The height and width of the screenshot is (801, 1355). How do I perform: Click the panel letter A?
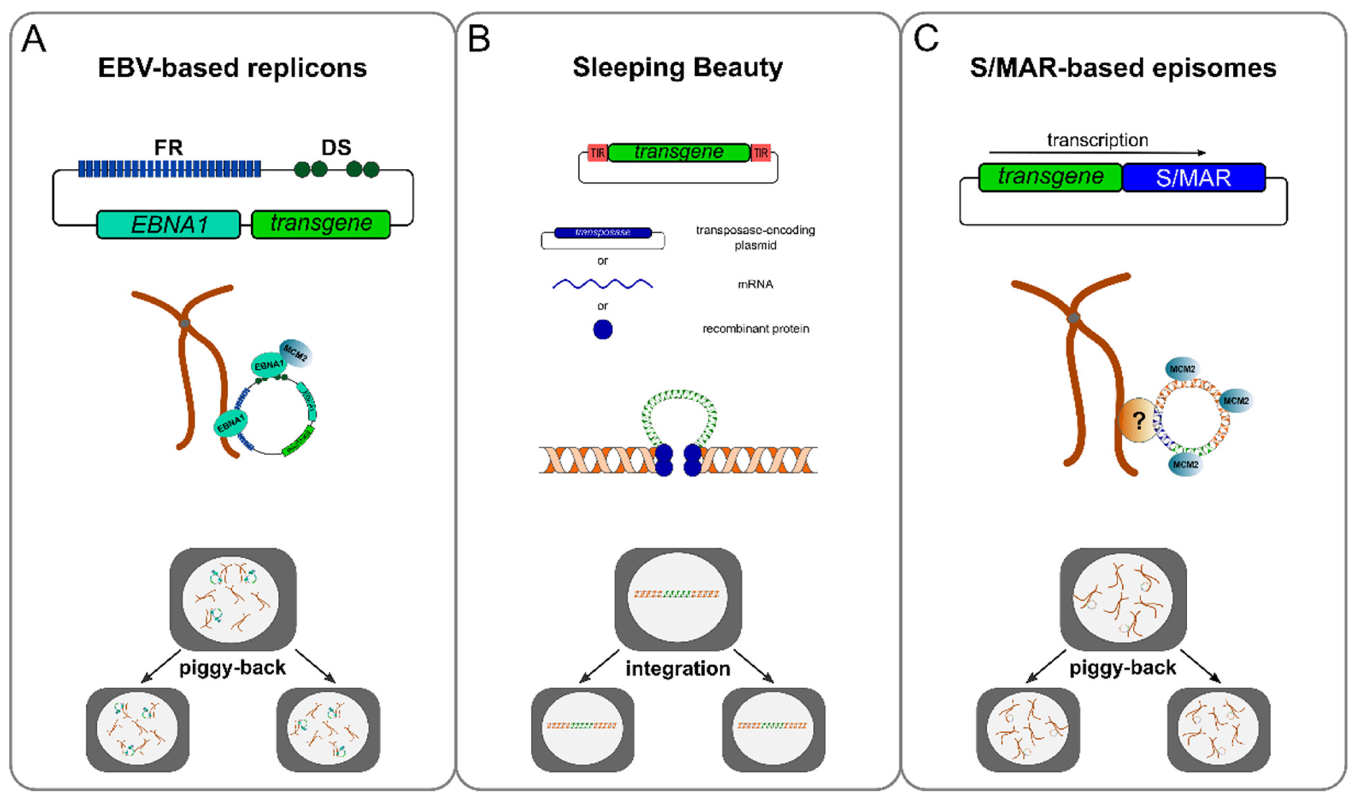(x=33, y=39)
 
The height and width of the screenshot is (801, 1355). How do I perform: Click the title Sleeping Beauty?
(x=677, y=68)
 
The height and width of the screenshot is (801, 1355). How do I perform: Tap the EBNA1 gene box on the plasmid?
(x=168, y=225)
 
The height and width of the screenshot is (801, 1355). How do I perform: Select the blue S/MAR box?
(x=1194, y=178)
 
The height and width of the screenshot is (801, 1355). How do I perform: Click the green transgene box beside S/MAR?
(x=1050, y=177)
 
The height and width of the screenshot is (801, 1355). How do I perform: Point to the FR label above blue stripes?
(x=168, y=147)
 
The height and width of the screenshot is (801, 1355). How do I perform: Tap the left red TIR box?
(x=597, y=153)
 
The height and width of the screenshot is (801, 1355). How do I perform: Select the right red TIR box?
(x=760, y=153)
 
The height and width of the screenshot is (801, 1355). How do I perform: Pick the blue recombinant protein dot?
(x=603, y=329)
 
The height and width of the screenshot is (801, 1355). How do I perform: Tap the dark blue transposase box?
(x=603, y=233)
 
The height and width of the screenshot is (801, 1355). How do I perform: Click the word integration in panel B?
(x=677, y=668)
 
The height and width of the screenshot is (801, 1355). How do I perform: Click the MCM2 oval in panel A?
(x=295, y=353)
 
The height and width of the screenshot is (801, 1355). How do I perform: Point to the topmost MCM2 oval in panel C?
(x=1182, y=369)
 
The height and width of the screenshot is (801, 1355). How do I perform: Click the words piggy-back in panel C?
(x=1122, y=668)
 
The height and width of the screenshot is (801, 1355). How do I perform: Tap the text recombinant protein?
(x=755, y=329)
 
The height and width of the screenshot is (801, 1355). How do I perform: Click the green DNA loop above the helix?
(x=678, y=405)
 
